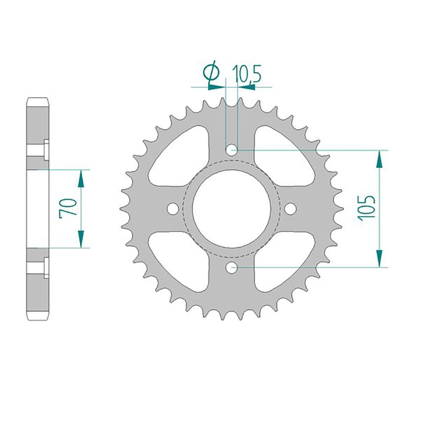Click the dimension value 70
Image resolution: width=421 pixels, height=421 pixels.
coord(68,208)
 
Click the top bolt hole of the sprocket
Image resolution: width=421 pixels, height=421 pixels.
coord(231,150)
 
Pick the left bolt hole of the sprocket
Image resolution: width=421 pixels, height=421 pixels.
coord(173,208)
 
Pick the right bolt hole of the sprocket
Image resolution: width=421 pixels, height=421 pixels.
coord(290,208)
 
